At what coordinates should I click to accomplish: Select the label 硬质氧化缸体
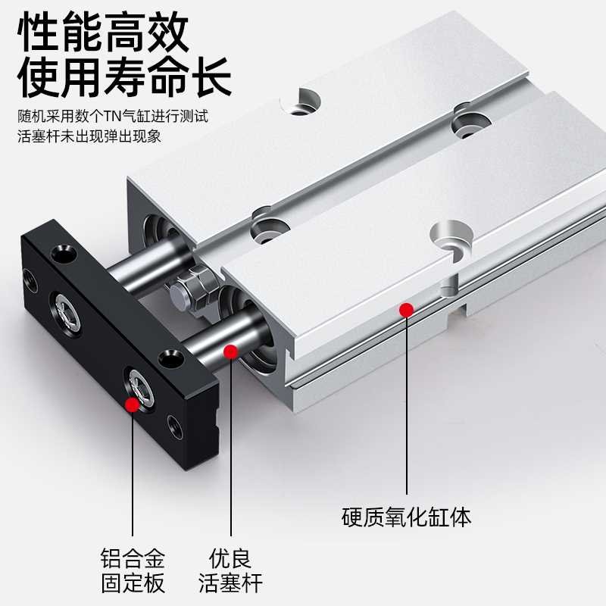[x=407, y=518]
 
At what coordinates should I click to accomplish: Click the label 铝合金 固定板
[x=133, y=573]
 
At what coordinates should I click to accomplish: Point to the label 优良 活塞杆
[x=230, y=573]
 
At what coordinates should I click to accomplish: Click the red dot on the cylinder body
[x=407, y=309]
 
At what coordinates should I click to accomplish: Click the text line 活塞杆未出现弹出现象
[x=90, y=137]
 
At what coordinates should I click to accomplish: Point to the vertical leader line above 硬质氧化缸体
[x=407, y=409]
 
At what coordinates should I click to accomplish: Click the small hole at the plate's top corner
[x=58, y=253]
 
